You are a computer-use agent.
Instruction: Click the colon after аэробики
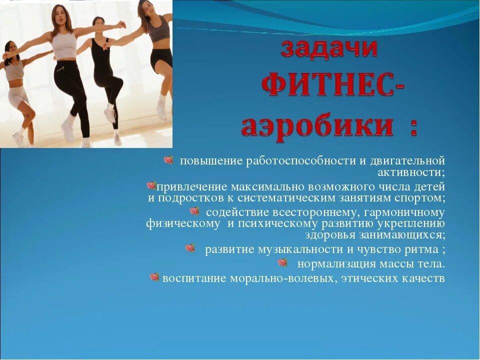pyautogui.click(x=413, y=127)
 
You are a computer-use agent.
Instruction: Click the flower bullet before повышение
pyautogui.click(x=168, y=160)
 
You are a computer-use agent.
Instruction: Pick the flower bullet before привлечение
pyautogui.click(x=151, y=185)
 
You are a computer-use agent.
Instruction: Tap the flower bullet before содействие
pyautogui.click(x=194, y=211)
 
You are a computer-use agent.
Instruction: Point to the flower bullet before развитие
pyautogui.click(x=190, y=247)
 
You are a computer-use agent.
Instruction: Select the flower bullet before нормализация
pyautogui.click(x=282, y=262)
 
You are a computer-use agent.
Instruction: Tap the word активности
pyautogui.click(x=411, y=172)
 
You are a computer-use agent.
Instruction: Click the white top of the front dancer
pyautogui.click(x=64, y=46)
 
